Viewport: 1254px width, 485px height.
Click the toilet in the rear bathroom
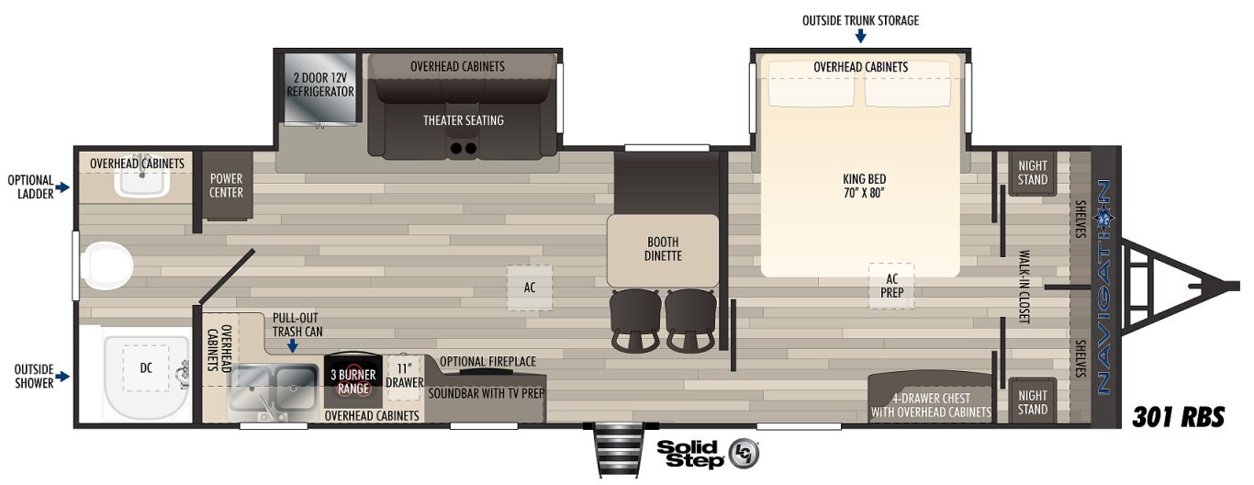point(106,266)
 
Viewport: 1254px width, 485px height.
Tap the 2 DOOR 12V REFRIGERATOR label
point(320,85)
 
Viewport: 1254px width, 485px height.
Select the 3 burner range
point(353,381)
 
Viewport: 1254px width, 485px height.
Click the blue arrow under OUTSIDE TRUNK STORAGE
point(860,37)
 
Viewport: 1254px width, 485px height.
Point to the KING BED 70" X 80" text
point(865,186)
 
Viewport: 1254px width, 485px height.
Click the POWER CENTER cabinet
point(226,185)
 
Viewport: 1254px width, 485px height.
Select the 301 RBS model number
point(1179,417)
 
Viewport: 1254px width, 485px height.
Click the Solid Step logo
point(708,454)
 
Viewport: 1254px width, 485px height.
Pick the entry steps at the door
point(619,450)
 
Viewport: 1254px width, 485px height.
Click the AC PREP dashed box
point(891,286)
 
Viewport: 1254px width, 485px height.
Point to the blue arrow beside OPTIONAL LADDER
point(62,187)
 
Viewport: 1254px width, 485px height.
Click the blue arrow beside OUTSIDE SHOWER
point(62,377)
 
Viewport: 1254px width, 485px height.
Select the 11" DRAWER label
point(404,376)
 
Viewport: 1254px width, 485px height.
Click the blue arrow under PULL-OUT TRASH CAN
point(292,345)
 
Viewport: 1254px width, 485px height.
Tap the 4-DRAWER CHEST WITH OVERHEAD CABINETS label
point(931,405)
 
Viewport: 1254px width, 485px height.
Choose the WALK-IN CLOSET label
point(1024,287)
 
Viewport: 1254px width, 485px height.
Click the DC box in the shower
point(146,368)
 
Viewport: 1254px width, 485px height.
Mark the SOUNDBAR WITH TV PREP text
point(487,394)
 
